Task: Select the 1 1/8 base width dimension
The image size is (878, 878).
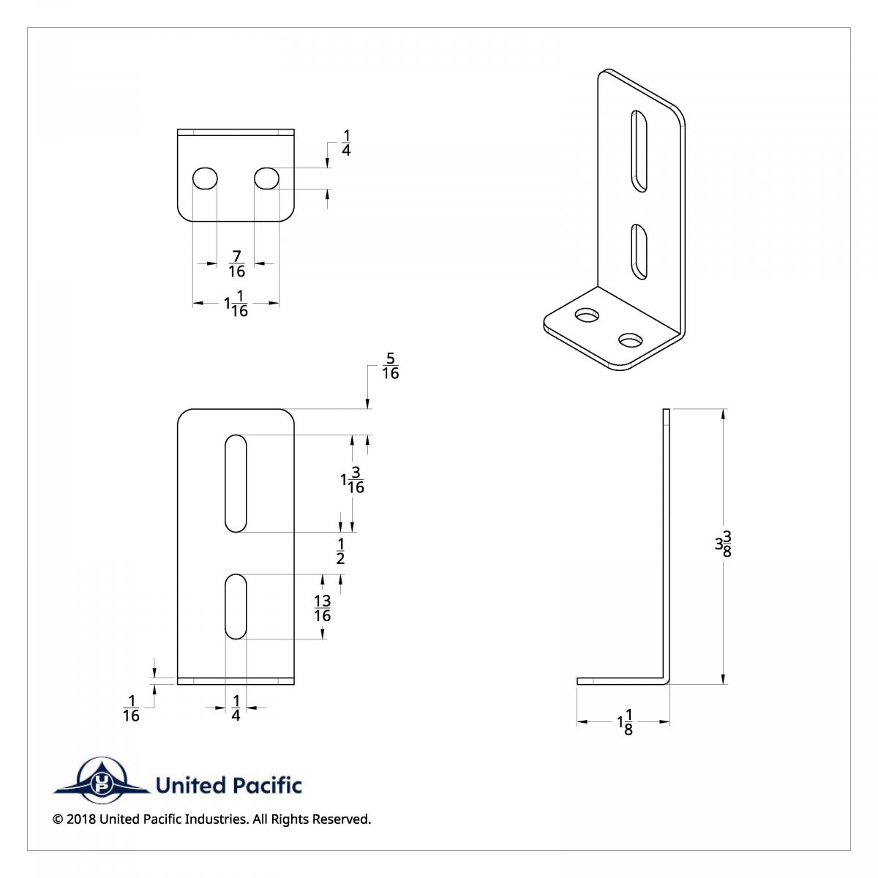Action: point(624,722)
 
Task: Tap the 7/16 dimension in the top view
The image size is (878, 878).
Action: point(236,263)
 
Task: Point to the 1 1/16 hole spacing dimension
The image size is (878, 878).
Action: point(236,303)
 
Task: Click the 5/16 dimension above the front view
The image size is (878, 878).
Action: point(390,366)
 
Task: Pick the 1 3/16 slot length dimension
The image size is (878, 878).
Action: point(353,480)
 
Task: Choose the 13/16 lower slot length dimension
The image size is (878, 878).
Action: point(323,608)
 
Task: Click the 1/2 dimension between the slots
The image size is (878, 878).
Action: point(340,551)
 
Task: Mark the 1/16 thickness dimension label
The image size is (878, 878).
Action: point(131,708)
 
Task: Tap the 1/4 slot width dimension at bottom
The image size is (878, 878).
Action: point(236,708)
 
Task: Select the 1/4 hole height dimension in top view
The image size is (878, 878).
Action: point(346,143)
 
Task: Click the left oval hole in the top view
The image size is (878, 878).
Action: point(205,178)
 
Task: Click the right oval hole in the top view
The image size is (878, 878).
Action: point(266,178)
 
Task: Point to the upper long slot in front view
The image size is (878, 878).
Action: point(236,483)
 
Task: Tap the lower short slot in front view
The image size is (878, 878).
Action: point(236,607)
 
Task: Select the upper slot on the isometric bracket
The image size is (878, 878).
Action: point(639,151)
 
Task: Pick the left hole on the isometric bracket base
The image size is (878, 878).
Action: point(587,316)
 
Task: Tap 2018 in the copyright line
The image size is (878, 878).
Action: point(81,819)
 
